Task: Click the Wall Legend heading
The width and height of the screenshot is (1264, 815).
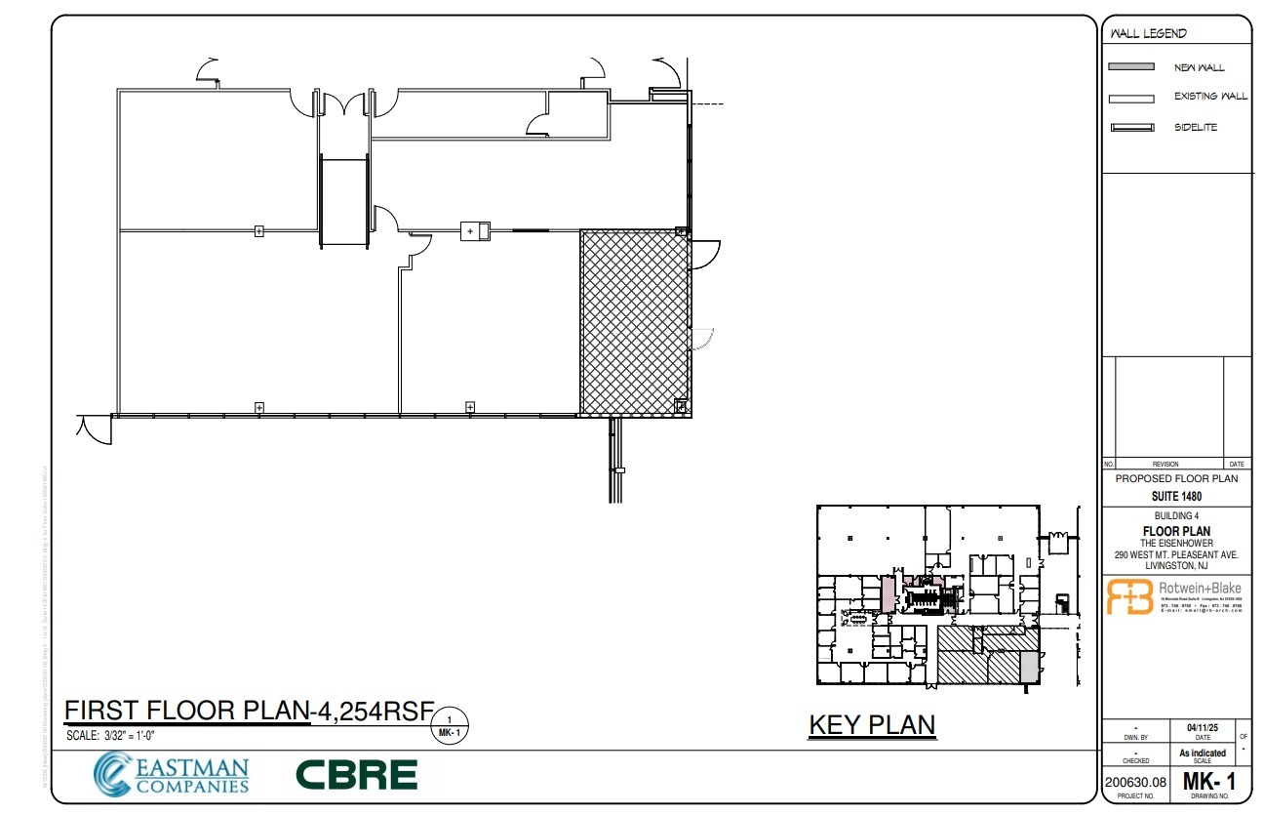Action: [x=1148, y=34]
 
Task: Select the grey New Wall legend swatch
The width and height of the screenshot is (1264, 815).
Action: [x=1131, y=68]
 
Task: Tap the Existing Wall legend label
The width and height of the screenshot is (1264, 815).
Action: [x=1209, y=97]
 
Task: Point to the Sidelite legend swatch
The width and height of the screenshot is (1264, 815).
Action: [x=1131, y=128]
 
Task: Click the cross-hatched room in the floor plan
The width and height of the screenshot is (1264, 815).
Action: [x=635, y=323]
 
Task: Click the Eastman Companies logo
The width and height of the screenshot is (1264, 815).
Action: [x=172, y=774]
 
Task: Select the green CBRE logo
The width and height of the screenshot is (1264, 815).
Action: [x=356, y=775]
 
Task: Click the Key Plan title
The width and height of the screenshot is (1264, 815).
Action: [x=872, y=725]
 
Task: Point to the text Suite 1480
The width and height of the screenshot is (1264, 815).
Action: [x=1175, y=496]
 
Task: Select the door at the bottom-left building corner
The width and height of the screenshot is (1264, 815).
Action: [x=95, y=428]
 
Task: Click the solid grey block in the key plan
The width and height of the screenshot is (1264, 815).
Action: [x=1028, y=668]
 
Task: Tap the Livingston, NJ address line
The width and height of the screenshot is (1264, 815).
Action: [x=1175, y=565]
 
